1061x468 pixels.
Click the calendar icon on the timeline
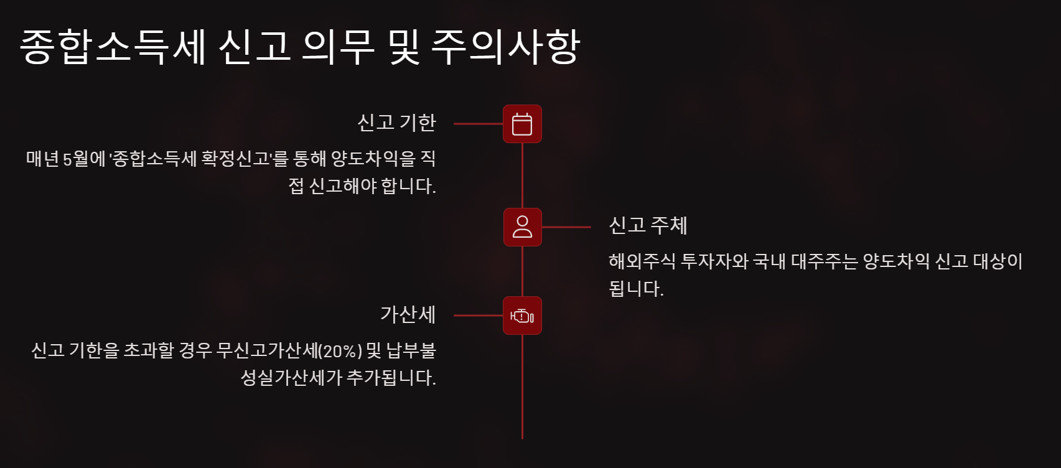click(x=522, y=124)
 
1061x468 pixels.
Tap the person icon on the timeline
click(x=522, y=227)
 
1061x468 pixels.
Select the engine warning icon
click(x=522, y=316)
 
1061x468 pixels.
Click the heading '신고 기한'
click(x=396, y=123)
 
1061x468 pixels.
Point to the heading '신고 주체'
click(x=648, y=225)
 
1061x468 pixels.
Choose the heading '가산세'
click(x=408, y=314)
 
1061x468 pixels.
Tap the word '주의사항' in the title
click(x=505, y=47)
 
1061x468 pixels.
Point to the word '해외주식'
click(x=642, y=261)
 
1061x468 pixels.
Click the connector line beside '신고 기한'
click(x=478, y=124)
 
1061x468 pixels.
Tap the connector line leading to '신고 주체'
click(x=566, y=227)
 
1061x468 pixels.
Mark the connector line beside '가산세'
click(x=478, y=316)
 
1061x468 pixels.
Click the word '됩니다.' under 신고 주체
click(x=636, y=288)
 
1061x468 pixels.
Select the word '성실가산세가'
click(x=291, y=378)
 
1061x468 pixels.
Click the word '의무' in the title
click(x=338, y=47)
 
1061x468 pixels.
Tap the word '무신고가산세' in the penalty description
click(x=266, y=351)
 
